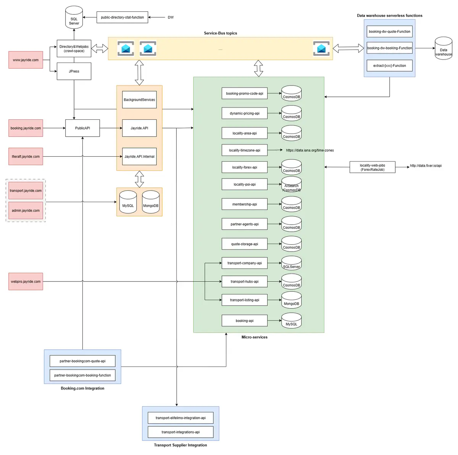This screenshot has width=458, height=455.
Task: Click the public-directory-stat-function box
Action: pyautogui.click(x=122, y=18)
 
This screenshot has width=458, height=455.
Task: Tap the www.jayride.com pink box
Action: pyautogui.click(x=26, y=60)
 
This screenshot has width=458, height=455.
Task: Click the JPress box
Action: pyautogui.click(x=74, y=71)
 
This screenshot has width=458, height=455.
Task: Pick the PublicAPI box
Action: pyautogui.click(x=82, y=128)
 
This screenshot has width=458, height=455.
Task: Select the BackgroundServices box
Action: pyautogui.click(x=139, y=100)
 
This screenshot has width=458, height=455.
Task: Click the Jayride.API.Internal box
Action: pyautogui.click(x=139, y=156)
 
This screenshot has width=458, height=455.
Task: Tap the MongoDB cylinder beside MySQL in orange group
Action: pyautogui.click(x=151, y=202)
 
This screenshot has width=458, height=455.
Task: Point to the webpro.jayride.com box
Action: pyautogui.click(x=26, y=281)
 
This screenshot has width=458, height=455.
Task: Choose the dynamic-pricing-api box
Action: pyautogui.click(x=244, y=113)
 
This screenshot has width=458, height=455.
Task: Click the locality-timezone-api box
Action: pyautogui.click(x=244, y=150)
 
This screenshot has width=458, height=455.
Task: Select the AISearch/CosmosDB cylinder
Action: pyautogui.click(x=292, y=185)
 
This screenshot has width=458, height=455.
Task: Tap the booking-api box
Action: pyautogui.click(x=244, y=321)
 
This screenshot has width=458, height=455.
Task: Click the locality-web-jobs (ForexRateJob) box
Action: pyautogui.click(x=372, y=167)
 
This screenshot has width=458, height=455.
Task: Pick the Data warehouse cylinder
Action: pyautogui.click(x=443, y=49)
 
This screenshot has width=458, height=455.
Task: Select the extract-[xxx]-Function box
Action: pyautogui.click(x=389, y=66)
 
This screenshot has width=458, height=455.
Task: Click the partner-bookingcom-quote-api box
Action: pyautogui.click(x=82, y=361)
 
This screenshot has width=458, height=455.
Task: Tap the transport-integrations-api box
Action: pyautogui.click(x=181, y=432)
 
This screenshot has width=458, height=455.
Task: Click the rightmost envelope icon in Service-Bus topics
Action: pyautogui.click(x=321, y=48)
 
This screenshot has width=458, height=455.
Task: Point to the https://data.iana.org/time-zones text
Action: pyautogui.click(x=310, y=150)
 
